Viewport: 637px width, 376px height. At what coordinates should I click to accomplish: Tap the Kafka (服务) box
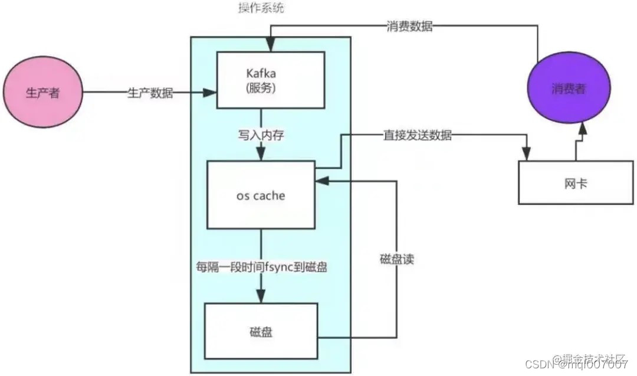271,80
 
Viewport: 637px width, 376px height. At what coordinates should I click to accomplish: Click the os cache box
260,195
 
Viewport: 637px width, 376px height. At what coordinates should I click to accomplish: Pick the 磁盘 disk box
261,332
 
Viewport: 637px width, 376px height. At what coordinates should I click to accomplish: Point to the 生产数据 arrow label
150,93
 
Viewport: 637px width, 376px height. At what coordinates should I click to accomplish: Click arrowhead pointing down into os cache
260,155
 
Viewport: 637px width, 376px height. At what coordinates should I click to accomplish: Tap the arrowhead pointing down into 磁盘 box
260,297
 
